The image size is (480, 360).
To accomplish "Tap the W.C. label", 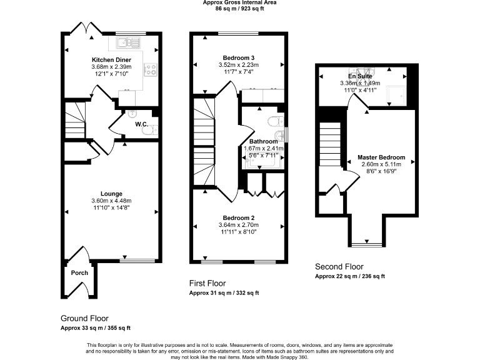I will click(141, 124).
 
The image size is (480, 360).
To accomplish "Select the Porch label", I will click(79, 272).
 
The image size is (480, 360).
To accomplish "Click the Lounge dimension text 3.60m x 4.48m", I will click(112, 201).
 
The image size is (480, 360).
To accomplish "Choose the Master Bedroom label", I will click(381, 157).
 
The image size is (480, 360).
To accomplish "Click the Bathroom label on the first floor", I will click(263, 141).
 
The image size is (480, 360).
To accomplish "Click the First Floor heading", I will click(209, 283).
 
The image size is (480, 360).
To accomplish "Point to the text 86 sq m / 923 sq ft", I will click(239, 9).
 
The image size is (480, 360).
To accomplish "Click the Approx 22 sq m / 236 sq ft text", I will click(349, 276).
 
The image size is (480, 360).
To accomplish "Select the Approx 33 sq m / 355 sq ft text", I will click(95, 328).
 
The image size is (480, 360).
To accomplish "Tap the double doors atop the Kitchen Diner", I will click(82, 28).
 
